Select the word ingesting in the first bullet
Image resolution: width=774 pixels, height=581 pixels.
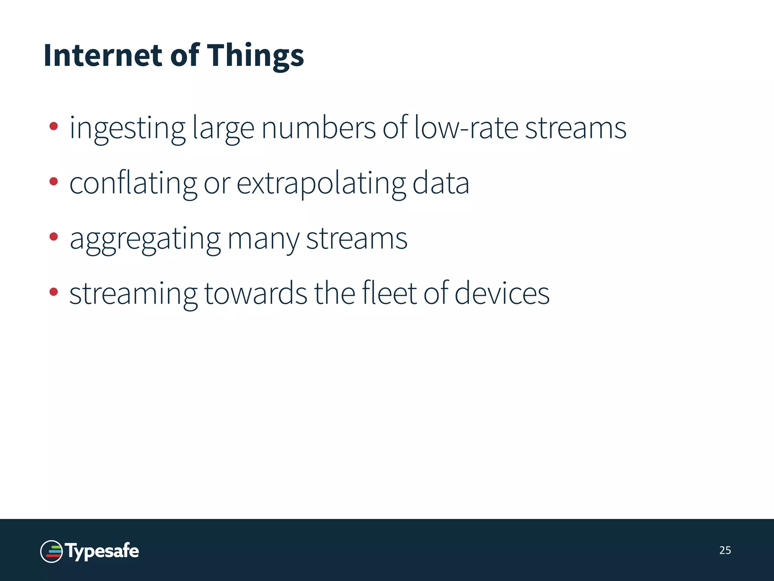(x=127, y=129)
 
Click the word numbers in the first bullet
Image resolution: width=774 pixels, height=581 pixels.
(x=318, y=128)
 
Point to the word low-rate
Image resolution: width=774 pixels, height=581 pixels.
(x=466, y=128)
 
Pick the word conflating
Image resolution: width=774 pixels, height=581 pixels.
(x=133, y=184)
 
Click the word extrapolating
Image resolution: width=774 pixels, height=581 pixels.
(x=321, y=184)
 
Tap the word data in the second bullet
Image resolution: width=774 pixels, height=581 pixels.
(x=441, y=183)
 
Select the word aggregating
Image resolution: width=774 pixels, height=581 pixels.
(x=145, y=239)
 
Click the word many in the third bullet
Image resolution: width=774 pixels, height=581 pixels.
(x=263, y=239)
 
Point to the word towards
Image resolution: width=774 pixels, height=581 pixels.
(x=256, y=294)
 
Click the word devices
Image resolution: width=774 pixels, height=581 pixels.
(x=502, y=294)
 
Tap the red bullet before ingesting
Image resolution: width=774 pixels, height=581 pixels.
(x=54, y=126)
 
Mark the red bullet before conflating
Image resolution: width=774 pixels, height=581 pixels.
(x=54, y=182)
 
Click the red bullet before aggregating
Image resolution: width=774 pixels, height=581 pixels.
(x=54, y=237)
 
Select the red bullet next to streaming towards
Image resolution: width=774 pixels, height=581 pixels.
(x=54, y=292)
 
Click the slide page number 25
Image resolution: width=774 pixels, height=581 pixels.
(x=725, y=550)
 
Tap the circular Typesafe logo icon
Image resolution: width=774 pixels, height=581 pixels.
(x=51, y=551)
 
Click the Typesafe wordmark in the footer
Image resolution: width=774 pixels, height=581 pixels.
(x=102, y=551)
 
